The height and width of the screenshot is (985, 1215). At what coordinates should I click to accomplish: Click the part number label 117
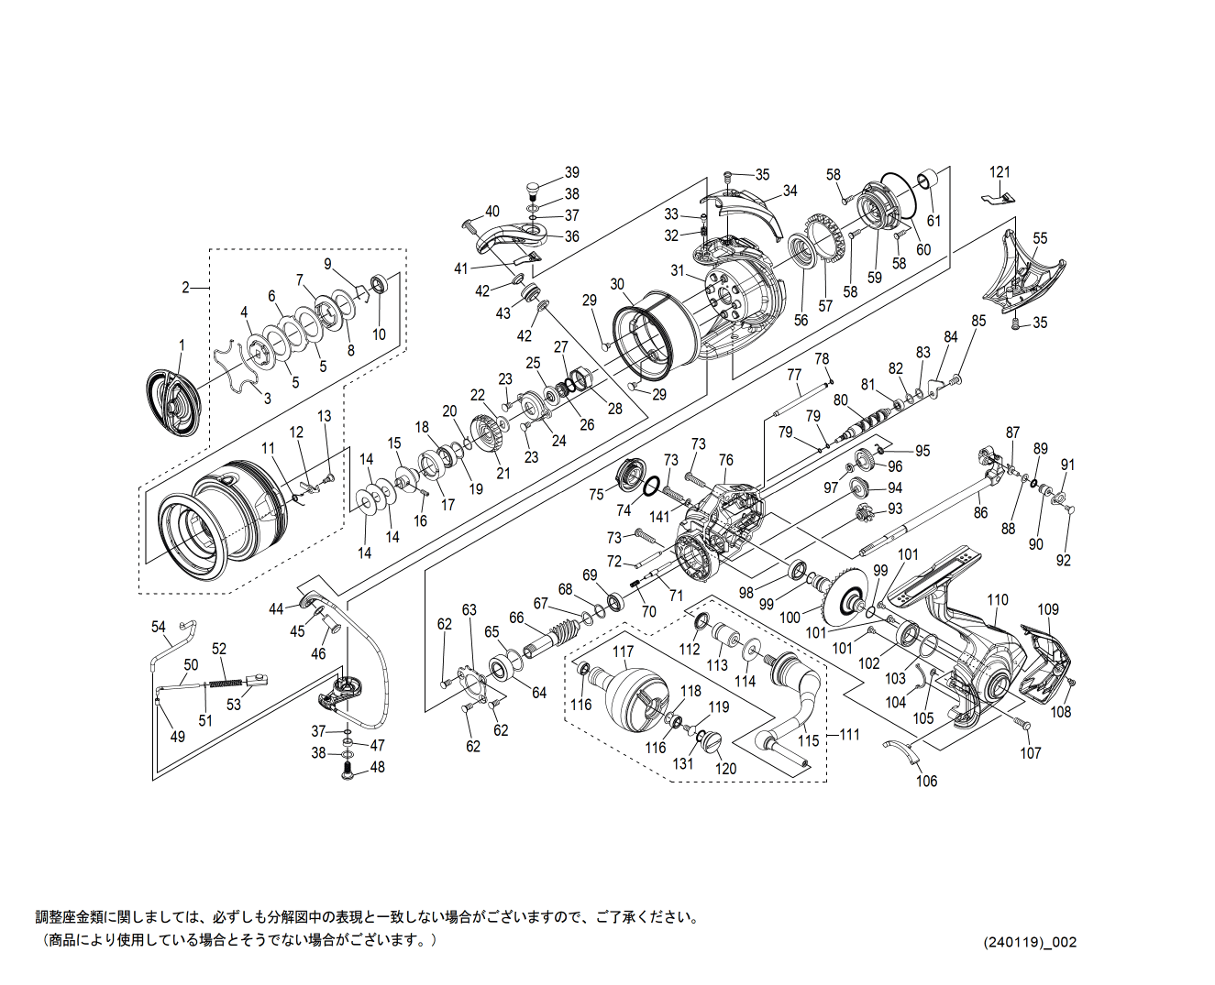[623, 652]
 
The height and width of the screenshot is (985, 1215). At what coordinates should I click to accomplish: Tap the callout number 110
[998, 600]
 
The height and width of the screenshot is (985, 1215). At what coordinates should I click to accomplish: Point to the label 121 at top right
[1000, 172]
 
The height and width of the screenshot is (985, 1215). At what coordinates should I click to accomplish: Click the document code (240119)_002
[1030, 942]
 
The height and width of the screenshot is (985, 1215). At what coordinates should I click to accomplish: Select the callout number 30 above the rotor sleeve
[617, 284]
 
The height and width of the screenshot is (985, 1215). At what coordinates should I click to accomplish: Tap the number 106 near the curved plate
[927, 781]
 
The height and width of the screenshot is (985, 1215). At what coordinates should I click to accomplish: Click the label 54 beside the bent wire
[159, 627]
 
